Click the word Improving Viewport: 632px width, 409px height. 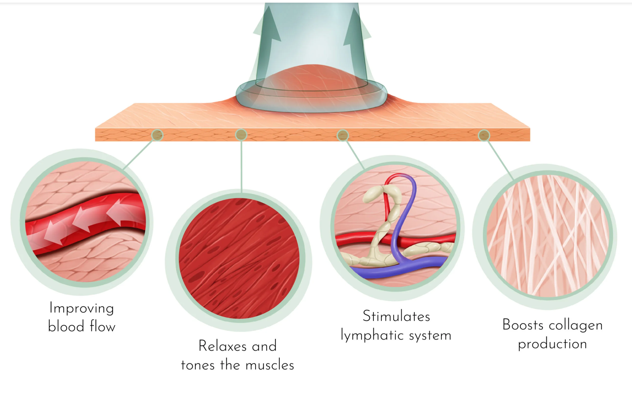82,308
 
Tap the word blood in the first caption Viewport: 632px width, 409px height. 66,326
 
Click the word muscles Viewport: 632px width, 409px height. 270,365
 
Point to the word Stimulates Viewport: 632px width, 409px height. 396,316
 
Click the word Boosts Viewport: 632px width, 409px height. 523,325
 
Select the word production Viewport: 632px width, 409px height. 553,344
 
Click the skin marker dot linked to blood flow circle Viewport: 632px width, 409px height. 157,135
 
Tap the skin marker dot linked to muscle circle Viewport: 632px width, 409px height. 241,135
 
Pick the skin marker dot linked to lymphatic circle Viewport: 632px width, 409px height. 343,135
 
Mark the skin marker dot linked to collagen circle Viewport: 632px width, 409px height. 484,135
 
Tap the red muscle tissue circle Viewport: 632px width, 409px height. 239,258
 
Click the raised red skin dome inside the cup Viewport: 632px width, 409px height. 311,77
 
